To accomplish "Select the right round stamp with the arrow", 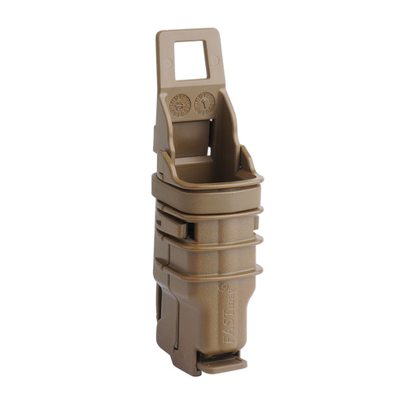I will (204, 103).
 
